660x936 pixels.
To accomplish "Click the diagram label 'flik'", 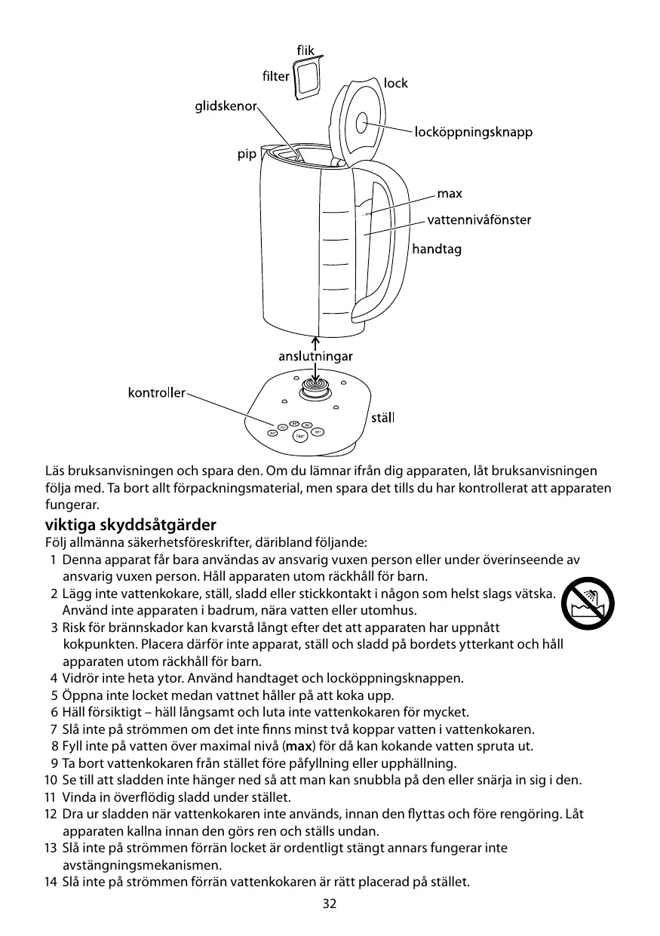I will [305, 51].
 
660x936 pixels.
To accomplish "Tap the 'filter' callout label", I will [276, 77].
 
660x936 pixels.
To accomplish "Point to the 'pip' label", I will [247, 154].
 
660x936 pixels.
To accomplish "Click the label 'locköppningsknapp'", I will [474, 133].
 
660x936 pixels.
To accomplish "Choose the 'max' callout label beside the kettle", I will [450, 194].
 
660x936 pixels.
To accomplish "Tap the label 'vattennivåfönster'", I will [479, 220].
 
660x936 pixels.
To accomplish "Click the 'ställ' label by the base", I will [382, 418].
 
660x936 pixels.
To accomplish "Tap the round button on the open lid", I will [361, 121].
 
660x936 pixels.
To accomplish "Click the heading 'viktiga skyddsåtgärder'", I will [130, 524].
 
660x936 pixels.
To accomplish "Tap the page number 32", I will [329, 904].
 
